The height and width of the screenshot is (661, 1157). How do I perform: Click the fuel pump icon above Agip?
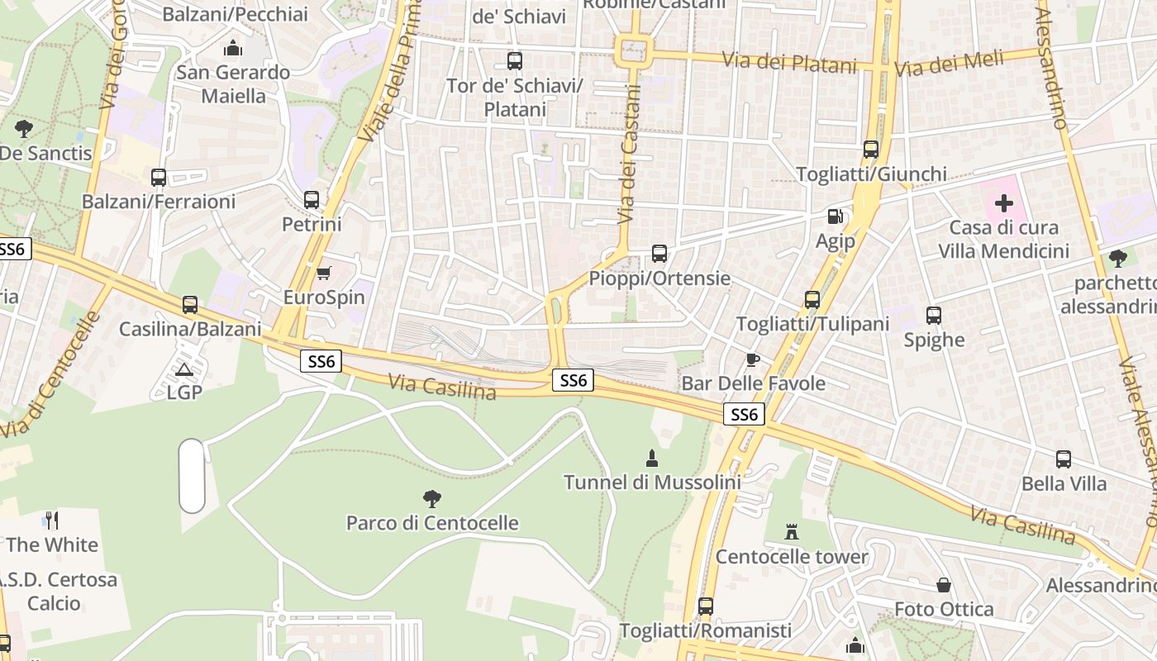[836, 216]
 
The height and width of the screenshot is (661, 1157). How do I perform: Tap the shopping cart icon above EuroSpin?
[324, 273]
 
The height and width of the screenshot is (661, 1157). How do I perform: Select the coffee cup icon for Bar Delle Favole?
[752, 359]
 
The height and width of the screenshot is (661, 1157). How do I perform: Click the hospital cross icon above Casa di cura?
[1004, 203]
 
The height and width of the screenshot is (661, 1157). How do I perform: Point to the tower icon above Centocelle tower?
[792, 531]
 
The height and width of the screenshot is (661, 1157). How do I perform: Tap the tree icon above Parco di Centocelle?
[431, 498]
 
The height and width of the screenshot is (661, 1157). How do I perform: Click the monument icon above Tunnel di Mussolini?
[652, 458]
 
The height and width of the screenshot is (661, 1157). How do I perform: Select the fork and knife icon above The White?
[52, 520]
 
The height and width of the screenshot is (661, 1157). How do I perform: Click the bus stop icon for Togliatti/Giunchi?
[871, 150]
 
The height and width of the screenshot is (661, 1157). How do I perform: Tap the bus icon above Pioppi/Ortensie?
[659, 254]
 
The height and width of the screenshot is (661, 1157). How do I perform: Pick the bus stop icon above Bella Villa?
[1064, 459]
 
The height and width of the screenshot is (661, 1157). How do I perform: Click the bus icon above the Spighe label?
[934, 316]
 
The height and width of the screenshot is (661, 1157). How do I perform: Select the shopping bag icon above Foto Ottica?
[944, 585]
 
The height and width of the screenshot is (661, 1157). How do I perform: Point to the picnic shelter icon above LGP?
[183, 369]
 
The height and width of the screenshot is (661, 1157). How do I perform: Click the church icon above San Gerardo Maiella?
[233, 48]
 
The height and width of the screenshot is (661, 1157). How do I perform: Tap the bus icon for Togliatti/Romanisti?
[705, 606]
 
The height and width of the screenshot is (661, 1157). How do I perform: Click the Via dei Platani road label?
[789, 62]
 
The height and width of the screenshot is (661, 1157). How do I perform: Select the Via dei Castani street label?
[629, 165]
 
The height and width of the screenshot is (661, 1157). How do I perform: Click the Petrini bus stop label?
[312, 224]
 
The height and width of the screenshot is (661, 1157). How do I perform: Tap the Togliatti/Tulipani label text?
[812, 324]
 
